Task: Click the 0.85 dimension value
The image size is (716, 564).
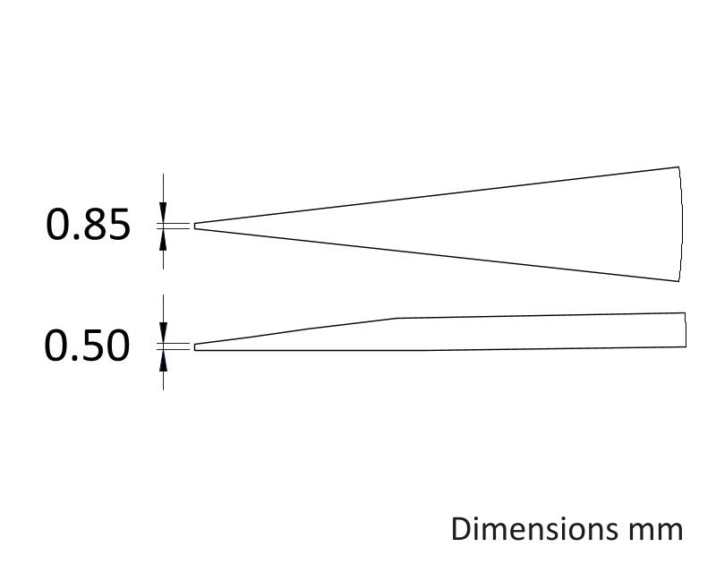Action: (x=88, y=224)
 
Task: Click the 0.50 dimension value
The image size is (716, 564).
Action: (x=87, y=346)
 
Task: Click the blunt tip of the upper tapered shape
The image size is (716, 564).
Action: (x=195, y=226)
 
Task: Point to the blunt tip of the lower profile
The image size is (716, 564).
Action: (x=195, y=347)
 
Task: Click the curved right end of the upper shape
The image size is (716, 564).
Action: (x=682, y=224)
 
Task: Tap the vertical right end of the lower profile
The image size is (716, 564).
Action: (x=686, y=329)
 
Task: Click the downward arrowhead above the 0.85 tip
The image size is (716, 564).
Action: (x=163, y=212)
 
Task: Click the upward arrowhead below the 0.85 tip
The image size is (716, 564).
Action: (x=163, y=239)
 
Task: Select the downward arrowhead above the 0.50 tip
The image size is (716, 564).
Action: (x=163, y=333)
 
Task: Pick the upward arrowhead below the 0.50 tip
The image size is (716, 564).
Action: (x=163, y=360)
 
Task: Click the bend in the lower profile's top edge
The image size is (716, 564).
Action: (x=396, y=318)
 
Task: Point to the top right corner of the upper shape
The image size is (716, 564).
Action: (x=678, y=167)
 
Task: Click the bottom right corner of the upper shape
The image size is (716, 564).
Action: (x=678, y=281)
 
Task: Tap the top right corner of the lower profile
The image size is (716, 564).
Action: (x=686, y=312)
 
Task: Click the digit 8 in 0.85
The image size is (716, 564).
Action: (x=95, y=224)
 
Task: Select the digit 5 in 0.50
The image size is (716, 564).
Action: (x=95, y=346)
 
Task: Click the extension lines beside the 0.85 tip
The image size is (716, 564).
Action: (x=173, y=226)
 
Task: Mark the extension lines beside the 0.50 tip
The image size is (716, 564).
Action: (x=173, y=347)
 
